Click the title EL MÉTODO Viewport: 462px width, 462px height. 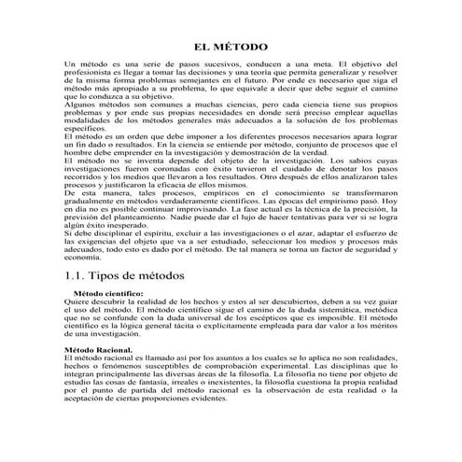coord(231,46)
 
